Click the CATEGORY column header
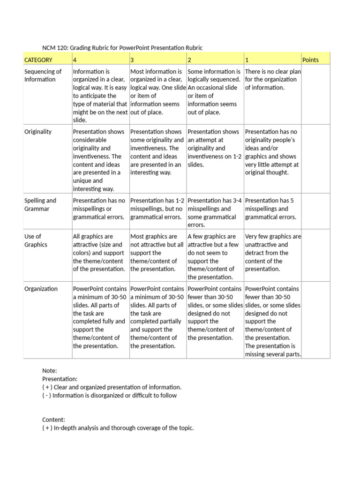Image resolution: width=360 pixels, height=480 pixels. (x=38, y=60)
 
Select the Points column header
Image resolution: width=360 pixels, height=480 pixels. (x=310, y=60)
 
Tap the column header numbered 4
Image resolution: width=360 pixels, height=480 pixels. (x=75, y=60)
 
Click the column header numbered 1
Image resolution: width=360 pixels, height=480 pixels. (x=247, y=60)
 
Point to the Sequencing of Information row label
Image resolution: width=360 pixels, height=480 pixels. (x=43, y=75)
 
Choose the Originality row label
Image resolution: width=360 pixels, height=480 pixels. (x=38, y=132)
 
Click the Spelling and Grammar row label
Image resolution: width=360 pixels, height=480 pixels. (x=40, y=204)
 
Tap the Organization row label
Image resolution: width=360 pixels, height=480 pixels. (x=41, y=289)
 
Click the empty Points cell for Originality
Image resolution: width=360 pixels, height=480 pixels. (x=315, y=159)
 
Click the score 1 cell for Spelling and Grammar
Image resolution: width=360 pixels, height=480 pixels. (x=272, y=209)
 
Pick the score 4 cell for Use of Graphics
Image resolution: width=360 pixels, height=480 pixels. (x=99, y=253)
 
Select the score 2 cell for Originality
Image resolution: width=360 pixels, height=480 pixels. (x=214, y=148)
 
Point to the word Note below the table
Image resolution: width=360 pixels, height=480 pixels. (x=49, y=371)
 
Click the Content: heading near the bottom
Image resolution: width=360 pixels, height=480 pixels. (x=53, y=420)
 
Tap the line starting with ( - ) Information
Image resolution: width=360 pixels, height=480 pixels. (x=109, y=395)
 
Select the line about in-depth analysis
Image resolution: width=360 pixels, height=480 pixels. (x=118, y=428)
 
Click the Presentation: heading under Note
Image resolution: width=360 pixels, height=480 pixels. (x=60, y=379)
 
